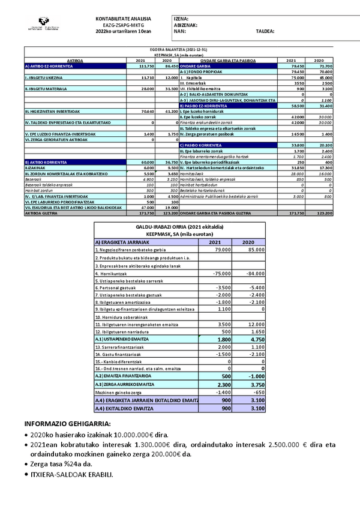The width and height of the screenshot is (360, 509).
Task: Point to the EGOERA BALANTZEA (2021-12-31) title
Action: coord(180,50)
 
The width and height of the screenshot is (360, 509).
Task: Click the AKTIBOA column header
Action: coord(75,61)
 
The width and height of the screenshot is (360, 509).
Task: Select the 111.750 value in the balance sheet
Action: coord(146,66)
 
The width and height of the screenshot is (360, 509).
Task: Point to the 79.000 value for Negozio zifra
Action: coord(220,249)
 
